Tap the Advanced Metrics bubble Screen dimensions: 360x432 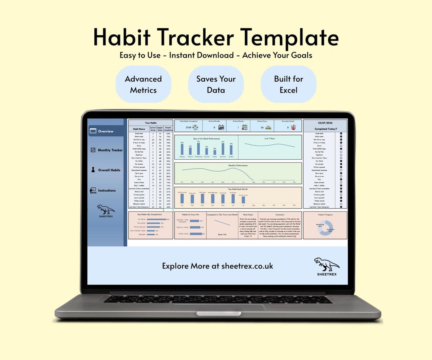coord(143,84)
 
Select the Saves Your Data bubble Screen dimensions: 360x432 coord(216,84)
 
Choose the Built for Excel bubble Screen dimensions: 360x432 coord(288,84)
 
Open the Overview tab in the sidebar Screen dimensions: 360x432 coord(106,131)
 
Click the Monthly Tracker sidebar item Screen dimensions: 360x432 coord(110,150)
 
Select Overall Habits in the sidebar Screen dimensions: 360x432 coord(109,170)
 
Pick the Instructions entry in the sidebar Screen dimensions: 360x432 coord(106,191)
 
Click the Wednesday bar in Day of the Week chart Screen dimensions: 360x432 coord(198,148)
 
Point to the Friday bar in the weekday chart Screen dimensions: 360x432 coord(215,152)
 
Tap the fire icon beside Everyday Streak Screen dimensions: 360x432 coord(293,128)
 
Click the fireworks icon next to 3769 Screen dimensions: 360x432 coord(196,128)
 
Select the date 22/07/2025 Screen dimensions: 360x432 coord(325,123)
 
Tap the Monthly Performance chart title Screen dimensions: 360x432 coord(238,165)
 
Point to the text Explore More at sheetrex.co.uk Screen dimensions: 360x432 coord(218,266)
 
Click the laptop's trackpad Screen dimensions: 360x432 coord(218,307)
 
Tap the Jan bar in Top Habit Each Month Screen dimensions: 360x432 coord(182,198)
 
